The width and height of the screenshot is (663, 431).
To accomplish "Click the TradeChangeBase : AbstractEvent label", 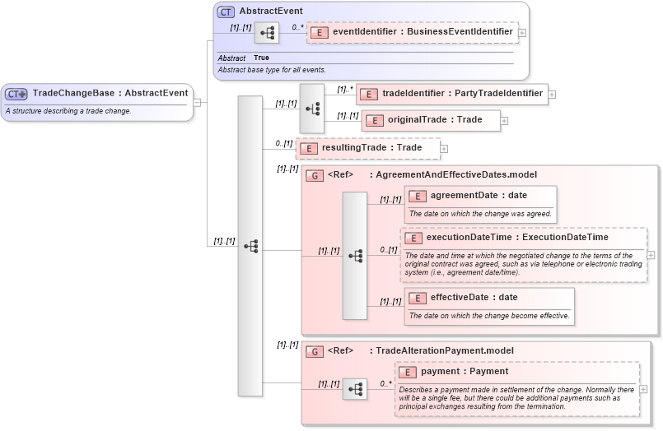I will (x=110, y=93).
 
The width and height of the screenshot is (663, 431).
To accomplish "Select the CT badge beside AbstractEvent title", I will (x=226, y=12).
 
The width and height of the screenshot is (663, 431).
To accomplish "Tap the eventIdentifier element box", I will (x=412, y=32).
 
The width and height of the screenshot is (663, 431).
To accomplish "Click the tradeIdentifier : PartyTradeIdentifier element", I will (x=453, y=94).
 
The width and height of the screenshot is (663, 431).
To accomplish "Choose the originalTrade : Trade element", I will (x=431, y=120).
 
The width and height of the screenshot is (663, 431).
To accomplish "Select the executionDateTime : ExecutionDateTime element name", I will (x=516, y=238).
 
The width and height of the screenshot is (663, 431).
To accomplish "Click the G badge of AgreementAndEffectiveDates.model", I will (x=314, y=175).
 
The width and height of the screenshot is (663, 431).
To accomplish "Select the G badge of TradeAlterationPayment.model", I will (x=314, y=351).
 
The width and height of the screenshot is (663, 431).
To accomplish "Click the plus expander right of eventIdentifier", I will (x=522, y=33).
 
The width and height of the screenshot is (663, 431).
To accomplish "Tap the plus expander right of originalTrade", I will (x=504, y=121).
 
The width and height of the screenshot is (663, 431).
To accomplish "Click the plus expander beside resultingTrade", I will (x=444, y=149).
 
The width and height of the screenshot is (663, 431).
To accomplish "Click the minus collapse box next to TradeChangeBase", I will (x=198, y=103).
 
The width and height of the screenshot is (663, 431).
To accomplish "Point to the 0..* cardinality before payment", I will (x=385, y=383).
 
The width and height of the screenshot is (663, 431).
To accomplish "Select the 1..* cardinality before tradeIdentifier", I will (x=344, y=89).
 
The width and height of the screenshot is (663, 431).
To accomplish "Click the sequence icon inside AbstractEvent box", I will (x=266, y=34).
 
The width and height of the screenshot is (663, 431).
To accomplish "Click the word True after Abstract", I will (x=261, y=58).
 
